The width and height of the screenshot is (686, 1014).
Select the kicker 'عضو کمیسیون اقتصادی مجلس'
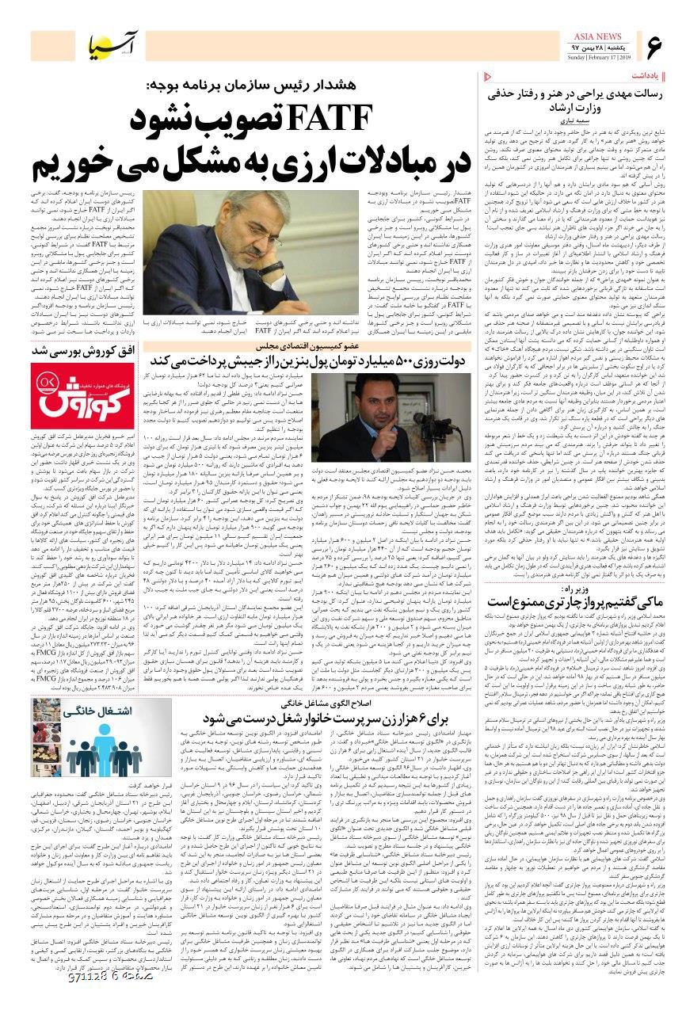(x=316, y=345)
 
